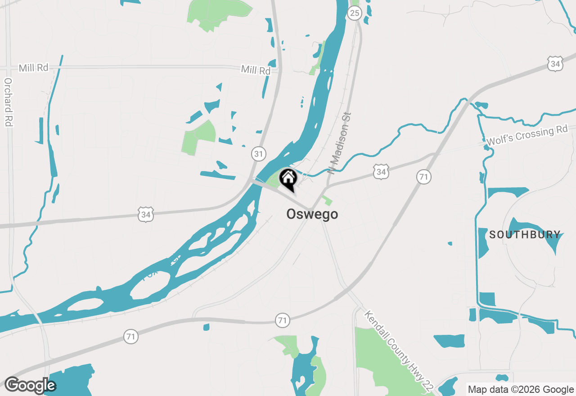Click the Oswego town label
[312, 214]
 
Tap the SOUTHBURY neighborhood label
[525, 234]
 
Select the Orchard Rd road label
[8, 102]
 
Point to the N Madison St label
[339, 144]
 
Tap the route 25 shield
[355, 13]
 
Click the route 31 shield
[258, 154]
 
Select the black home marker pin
[288, 179]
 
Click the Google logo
[30, 385]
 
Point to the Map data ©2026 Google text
[521, 390]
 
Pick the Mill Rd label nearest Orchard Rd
[33, 68]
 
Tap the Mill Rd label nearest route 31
[256, 70]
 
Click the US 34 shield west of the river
[146, 215]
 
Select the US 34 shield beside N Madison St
[381, 171]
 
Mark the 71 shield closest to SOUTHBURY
[423, 177]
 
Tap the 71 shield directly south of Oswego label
[282, 320]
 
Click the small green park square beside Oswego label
[328, 201]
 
